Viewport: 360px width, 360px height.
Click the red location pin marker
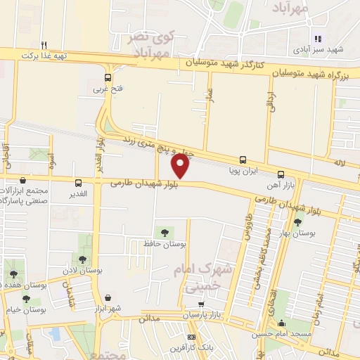click(181, 166)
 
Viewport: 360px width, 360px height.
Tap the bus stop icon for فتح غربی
click(108, 78)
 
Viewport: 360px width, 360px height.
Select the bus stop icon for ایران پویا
click(243, 160)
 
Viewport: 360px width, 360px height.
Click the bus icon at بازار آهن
click(281, 174)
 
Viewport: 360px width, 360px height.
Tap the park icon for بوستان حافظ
click(163, 231)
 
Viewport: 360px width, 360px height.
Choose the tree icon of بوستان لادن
click(83, 259)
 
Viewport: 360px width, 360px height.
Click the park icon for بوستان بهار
click(297, 222)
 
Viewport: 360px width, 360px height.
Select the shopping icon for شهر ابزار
click(108, 297)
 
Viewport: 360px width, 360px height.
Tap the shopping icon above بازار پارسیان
click(202, 304)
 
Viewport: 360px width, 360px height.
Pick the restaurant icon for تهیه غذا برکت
click(44, 44)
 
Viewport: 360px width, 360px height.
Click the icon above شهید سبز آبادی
click(316, 39)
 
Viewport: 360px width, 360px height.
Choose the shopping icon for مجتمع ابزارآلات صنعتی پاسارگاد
click(23, 181)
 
